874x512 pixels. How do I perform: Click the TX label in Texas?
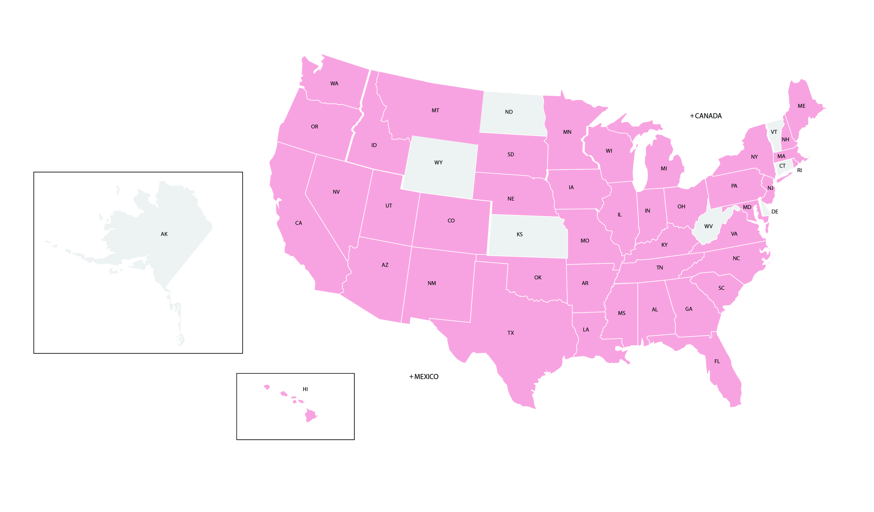pyautogui.click(x=511, y=333)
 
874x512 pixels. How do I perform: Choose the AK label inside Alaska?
pyautogui.click(x=164, y=234)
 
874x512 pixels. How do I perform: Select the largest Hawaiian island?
pyautogui.click(x=310, y=415)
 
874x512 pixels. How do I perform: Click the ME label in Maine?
pyautogui.click(x=801, y=106)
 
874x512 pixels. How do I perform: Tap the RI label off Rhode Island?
pyautogui.click(x=799, y=170)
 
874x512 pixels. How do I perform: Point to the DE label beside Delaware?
pyautogui.click(x=775, y=211)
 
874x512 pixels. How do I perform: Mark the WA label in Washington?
pyautogui.click(x=334, y=83)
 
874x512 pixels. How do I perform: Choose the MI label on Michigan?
pyautogui.click(x=663, y=169)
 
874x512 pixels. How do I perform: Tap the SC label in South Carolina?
pyautogui.click(x=721, y=288)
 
